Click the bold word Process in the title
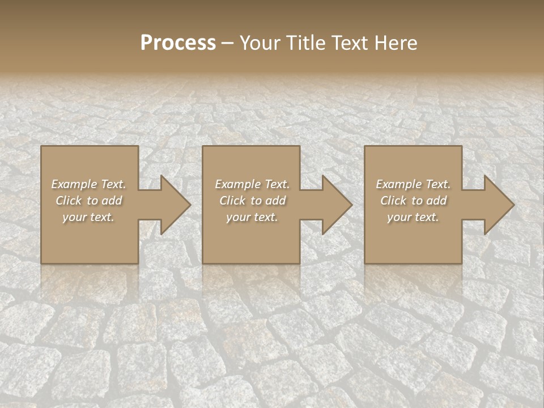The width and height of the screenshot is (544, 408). point(178,43)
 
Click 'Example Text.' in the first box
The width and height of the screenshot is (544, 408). point(88,184)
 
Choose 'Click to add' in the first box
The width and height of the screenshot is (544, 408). point(88,201)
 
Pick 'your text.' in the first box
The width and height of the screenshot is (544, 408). point(88,217)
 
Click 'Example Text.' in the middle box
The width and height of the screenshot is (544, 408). point(252,184)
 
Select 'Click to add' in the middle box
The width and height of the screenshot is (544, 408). point(252,201)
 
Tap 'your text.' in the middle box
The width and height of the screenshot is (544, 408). point(252,217)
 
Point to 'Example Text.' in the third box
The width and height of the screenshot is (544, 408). point(413,184)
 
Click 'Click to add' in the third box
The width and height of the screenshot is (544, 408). point(413,201)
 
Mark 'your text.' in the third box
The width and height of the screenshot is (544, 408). point(413,217)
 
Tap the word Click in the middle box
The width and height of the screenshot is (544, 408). point(231,201)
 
